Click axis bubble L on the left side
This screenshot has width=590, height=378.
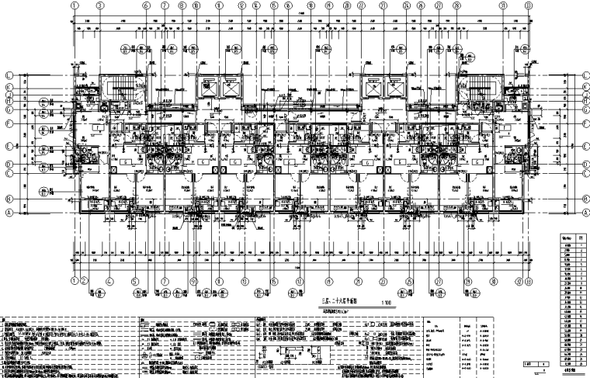(x=9, y=75)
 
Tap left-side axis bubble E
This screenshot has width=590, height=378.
(x=9, y=144)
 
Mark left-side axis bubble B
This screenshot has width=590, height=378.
(x=9, y=198)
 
